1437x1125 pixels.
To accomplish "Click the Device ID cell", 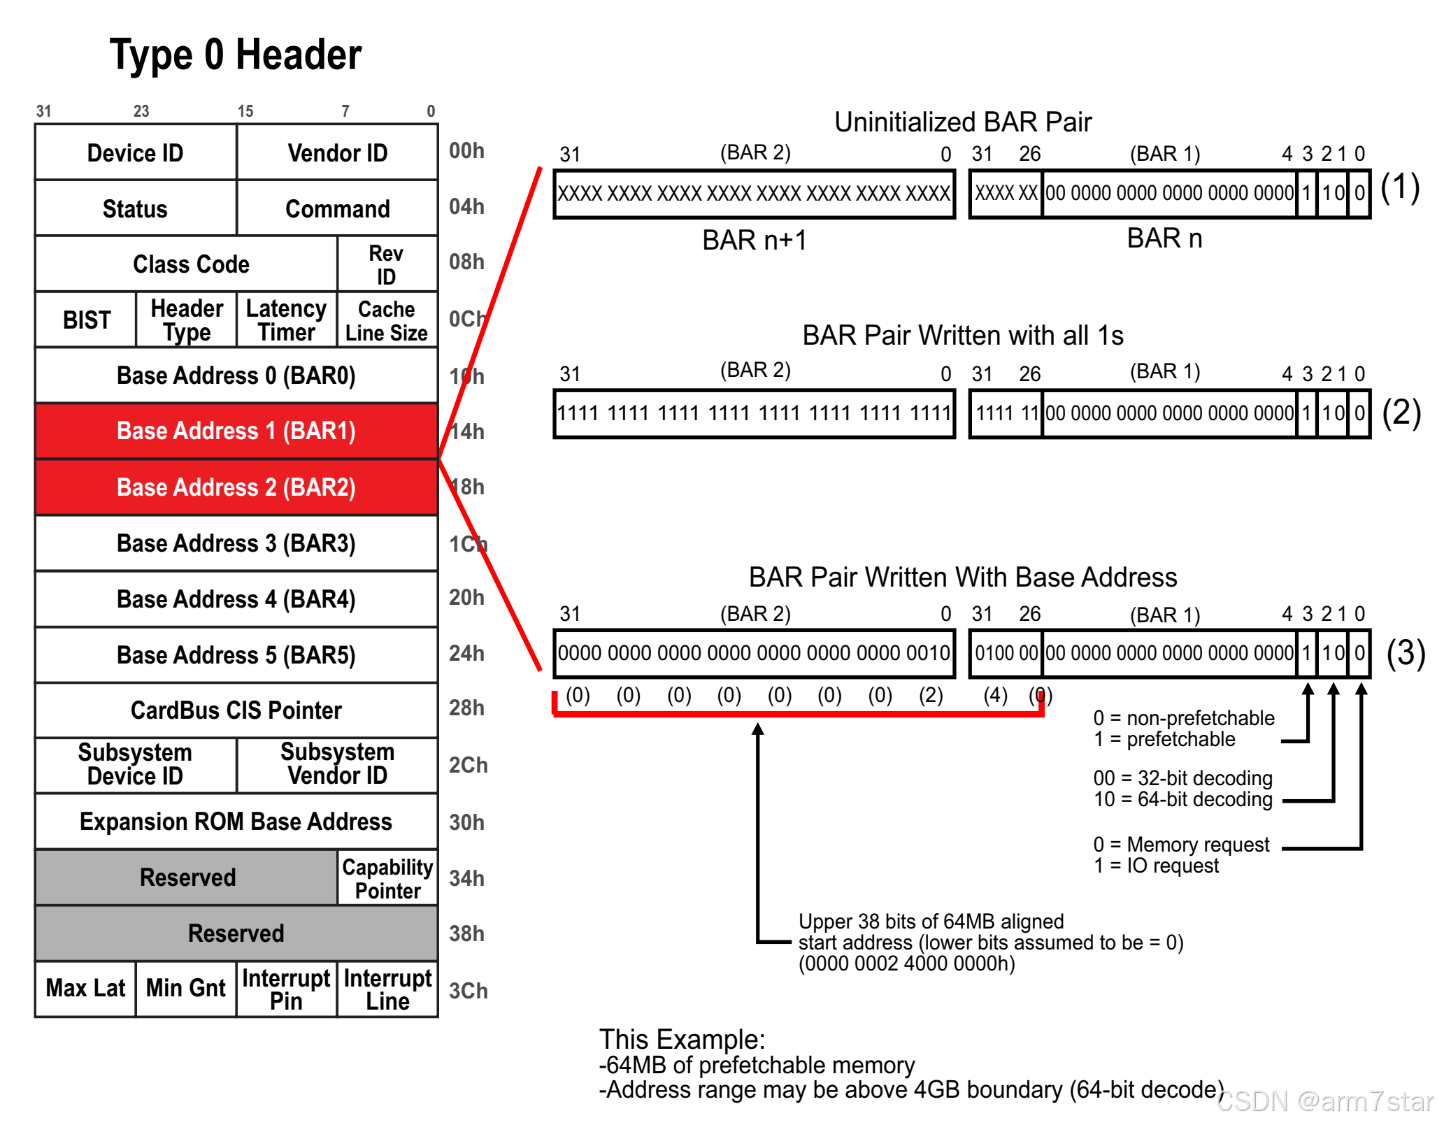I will coord(135,152).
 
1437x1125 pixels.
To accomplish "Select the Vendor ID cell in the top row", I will coord(337,152).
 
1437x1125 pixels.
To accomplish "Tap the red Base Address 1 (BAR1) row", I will coord(236,431).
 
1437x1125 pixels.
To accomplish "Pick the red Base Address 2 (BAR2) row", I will coord(236,487).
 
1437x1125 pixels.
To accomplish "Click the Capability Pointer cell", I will coord(387,878).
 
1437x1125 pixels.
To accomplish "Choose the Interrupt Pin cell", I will coord(286,989).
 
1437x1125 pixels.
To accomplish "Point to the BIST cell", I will coord(86,320).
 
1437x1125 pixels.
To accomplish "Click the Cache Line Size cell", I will coord(387,320).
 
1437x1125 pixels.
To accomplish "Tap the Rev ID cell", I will coord(387,264).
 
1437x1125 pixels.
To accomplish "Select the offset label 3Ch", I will coord(468,990).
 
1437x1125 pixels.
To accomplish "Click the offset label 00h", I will coord(466,150).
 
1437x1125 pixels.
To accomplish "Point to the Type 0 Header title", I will coord(236,55).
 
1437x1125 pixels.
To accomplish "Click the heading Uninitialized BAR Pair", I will coord(962,122).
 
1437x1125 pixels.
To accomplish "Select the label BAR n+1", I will coord(754,240).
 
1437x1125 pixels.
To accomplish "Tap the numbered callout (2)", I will coord(1401,413).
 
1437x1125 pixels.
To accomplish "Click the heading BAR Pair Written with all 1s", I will coord(962,335).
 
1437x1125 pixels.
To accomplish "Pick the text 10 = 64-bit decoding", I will coord(1182,799).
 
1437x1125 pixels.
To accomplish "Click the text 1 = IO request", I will coord(1156,866).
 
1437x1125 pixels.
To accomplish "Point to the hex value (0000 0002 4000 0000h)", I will coord(906,963).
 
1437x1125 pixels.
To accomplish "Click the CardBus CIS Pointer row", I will coord(236,710).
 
